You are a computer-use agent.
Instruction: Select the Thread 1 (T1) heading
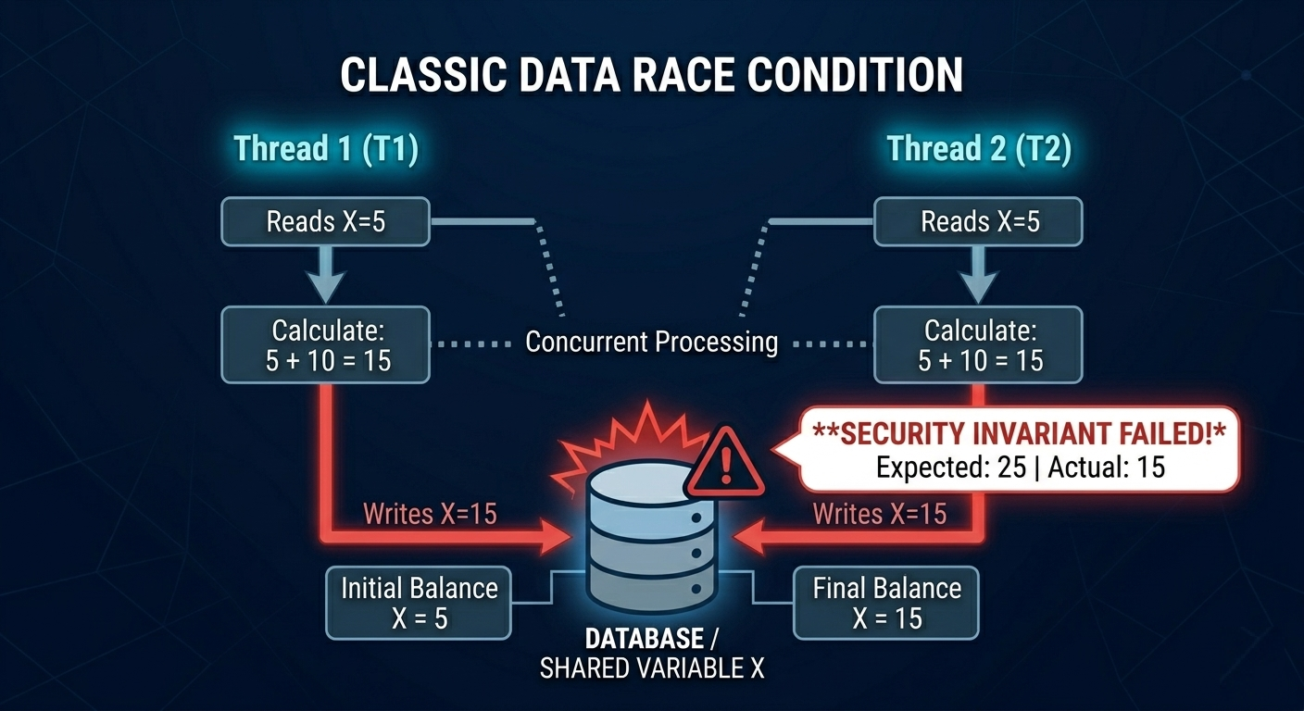click(325, 149)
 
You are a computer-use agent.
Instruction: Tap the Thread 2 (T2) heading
click(978, 149)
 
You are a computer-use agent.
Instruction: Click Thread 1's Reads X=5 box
click(325, 221)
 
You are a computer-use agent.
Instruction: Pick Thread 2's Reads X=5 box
click(978, 221)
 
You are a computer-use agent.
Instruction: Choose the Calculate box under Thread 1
click(325, 344)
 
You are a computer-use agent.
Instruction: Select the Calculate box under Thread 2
click(978, 344)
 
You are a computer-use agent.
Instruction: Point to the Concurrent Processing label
click(651, 342)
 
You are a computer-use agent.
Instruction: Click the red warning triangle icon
click(725, 462)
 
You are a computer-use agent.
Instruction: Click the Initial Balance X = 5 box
click(419, 602)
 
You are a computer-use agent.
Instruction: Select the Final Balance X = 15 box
click(886, 602)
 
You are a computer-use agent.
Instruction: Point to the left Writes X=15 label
click(430, 513)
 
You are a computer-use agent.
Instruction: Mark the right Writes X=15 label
click(879, 513)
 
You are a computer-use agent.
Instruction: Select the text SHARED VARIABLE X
click(652, 668)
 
